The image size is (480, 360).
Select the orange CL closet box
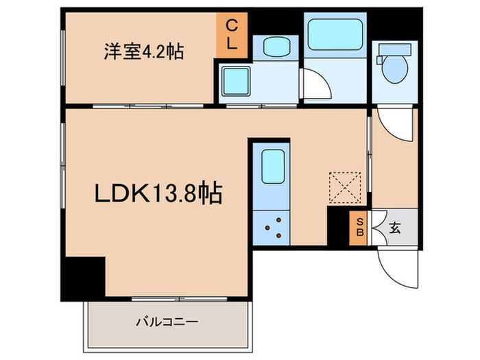(x=232, y=35)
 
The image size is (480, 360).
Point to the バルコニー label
(x=167, y=320)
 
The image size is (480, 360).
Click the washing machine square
(x=236, y=82)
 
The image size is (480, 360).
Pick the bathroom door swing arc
(x=315, y=85)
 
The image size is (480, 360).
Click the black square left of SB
(x=339, y=227)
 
